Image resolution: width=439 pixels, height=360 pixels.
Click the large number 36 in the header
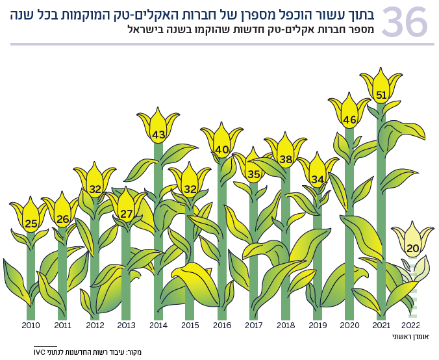click(404, 21)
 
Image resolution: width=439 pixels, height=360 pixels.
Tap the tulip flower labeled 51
click(381, 91)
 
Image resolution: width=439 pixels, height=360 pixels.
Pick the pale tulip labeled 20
click(412, 244)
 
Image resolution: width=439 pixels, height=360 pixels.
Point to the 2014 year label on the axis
click(158, 326)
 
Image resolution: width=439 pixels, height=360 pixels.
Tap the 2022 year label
click(412, 326)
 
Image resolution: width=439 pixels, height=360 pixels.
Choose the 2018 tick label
click(285, 326)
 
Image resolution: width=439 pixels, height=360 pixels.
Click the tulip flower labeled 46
click(349, 116)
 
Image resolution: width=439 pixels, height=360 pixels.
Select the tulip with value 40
click(222, 146)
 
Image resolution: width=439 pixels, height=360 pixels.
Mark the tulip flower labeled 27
click(126, 210)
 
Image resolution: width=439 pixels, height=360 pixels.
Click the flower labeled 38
click(286, 155)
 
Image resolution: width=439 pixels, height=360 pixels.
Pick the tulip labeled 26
click(62, 215)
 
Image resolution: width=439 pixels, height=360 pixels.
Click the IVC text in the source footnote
click(40, 352)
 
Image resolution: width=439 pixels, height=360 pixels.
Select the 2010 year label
click(31, 326)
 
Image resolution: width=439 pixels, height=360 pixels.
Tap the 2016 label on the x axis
click(221, 326)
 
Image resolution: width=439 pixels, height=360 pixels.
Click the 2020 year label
click(349, 326)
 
